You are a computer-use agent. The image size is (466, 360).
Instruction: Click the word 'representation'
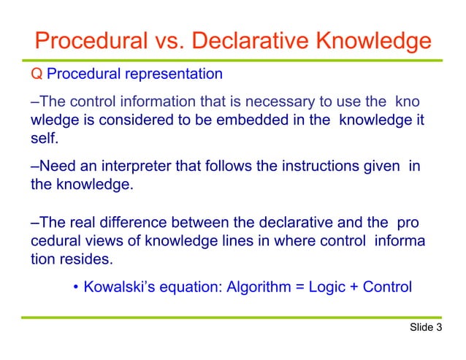click(177, 74)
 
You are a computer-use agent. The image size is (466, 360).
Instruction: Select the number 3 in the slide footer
click(440, 328)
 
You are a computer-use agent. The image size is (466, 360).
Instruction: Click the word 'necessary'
click(259, 101)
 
